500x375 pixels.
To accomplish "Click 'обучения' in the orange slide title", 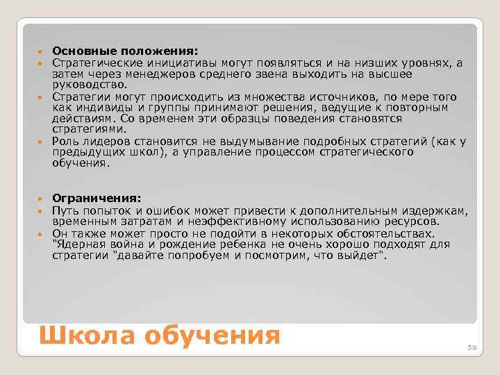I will [x=212, y=335].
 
